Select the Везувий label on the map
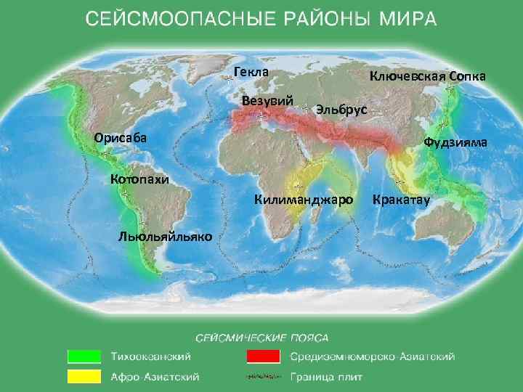(x=268, y=100)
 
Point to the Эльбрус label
(x=342, y=110)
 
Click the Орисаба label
(x=120, y=138)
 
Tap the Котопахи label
(x=139, y=179)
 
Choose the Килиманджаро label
(x=304, y=199)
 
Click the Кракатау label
(x=402, y=199)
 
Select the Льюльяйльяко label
(x=164, y=236)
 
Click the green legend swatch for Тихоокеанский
(x=84, y=356)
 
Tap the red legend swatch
(x=262, y=356)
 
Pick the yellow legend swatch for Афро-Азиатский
(x=84, y=377)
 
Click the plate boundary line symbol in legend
(x=262, y=377)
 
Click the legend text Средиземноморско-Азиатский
(x=373, y=357)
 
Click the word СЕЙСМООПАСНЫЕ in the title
(x=170, y=19)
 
